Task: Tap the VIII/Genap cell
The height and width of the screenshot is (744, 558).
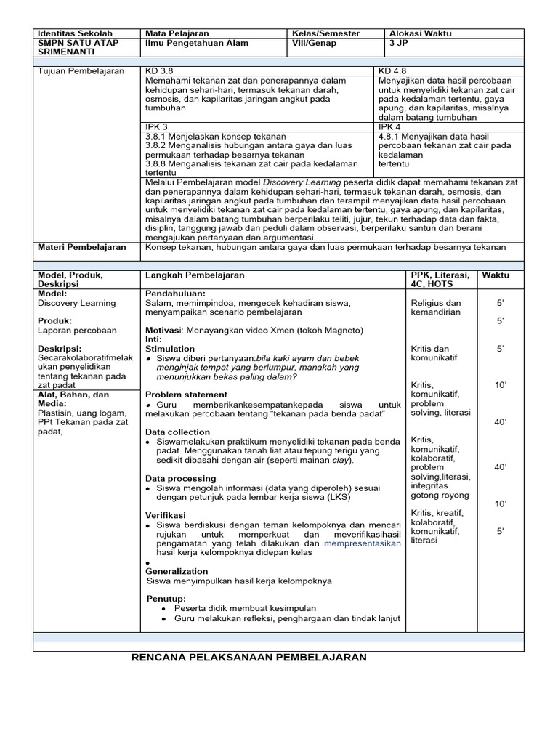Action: click(314, 44)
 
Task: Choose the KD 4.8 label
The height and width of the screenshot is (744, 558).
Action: click(393, 70)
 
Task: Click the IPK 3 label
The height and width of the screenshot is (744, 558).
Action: click(157, 126)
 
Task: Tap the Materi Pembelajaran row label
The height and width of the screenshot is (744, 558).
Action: click(81, 248)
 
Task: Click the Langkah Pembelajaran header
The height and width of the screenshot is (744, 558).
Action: click(195, 276)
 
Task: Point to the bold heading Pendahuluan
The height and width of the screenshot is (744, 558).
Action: click(175, 293)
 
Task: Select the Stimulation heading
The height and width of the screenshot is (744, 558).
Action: click(170, 349)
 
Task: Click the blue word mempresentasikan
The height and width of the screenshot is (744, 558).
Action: click(362, 543)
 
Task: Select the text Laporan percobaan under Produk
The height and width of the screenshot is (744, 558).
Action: click(76, 331)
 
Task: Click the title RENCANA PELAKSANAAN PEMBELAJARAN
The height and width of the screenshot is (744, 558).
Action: click(248, 658)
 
